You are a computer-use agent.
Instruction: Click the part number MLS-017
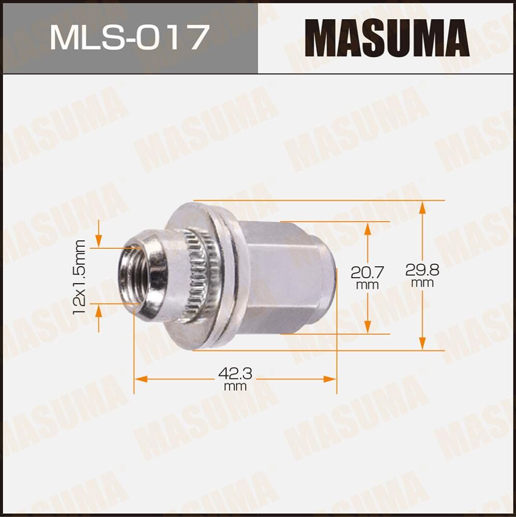tap(129, 37)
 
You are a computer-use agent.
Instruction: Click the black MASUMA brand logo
tap(387, 37)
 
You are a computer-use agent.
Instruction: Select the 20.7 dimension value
tap(367, 270)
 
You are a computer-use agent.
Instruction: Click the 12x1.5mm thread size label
tap(80, 277)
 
